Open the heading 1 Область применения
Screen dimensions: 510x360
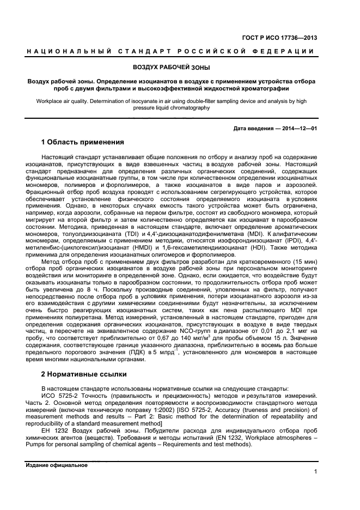[x=83, y=143]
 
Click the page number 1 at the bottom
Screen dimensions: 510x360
[x=315, y=472]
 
